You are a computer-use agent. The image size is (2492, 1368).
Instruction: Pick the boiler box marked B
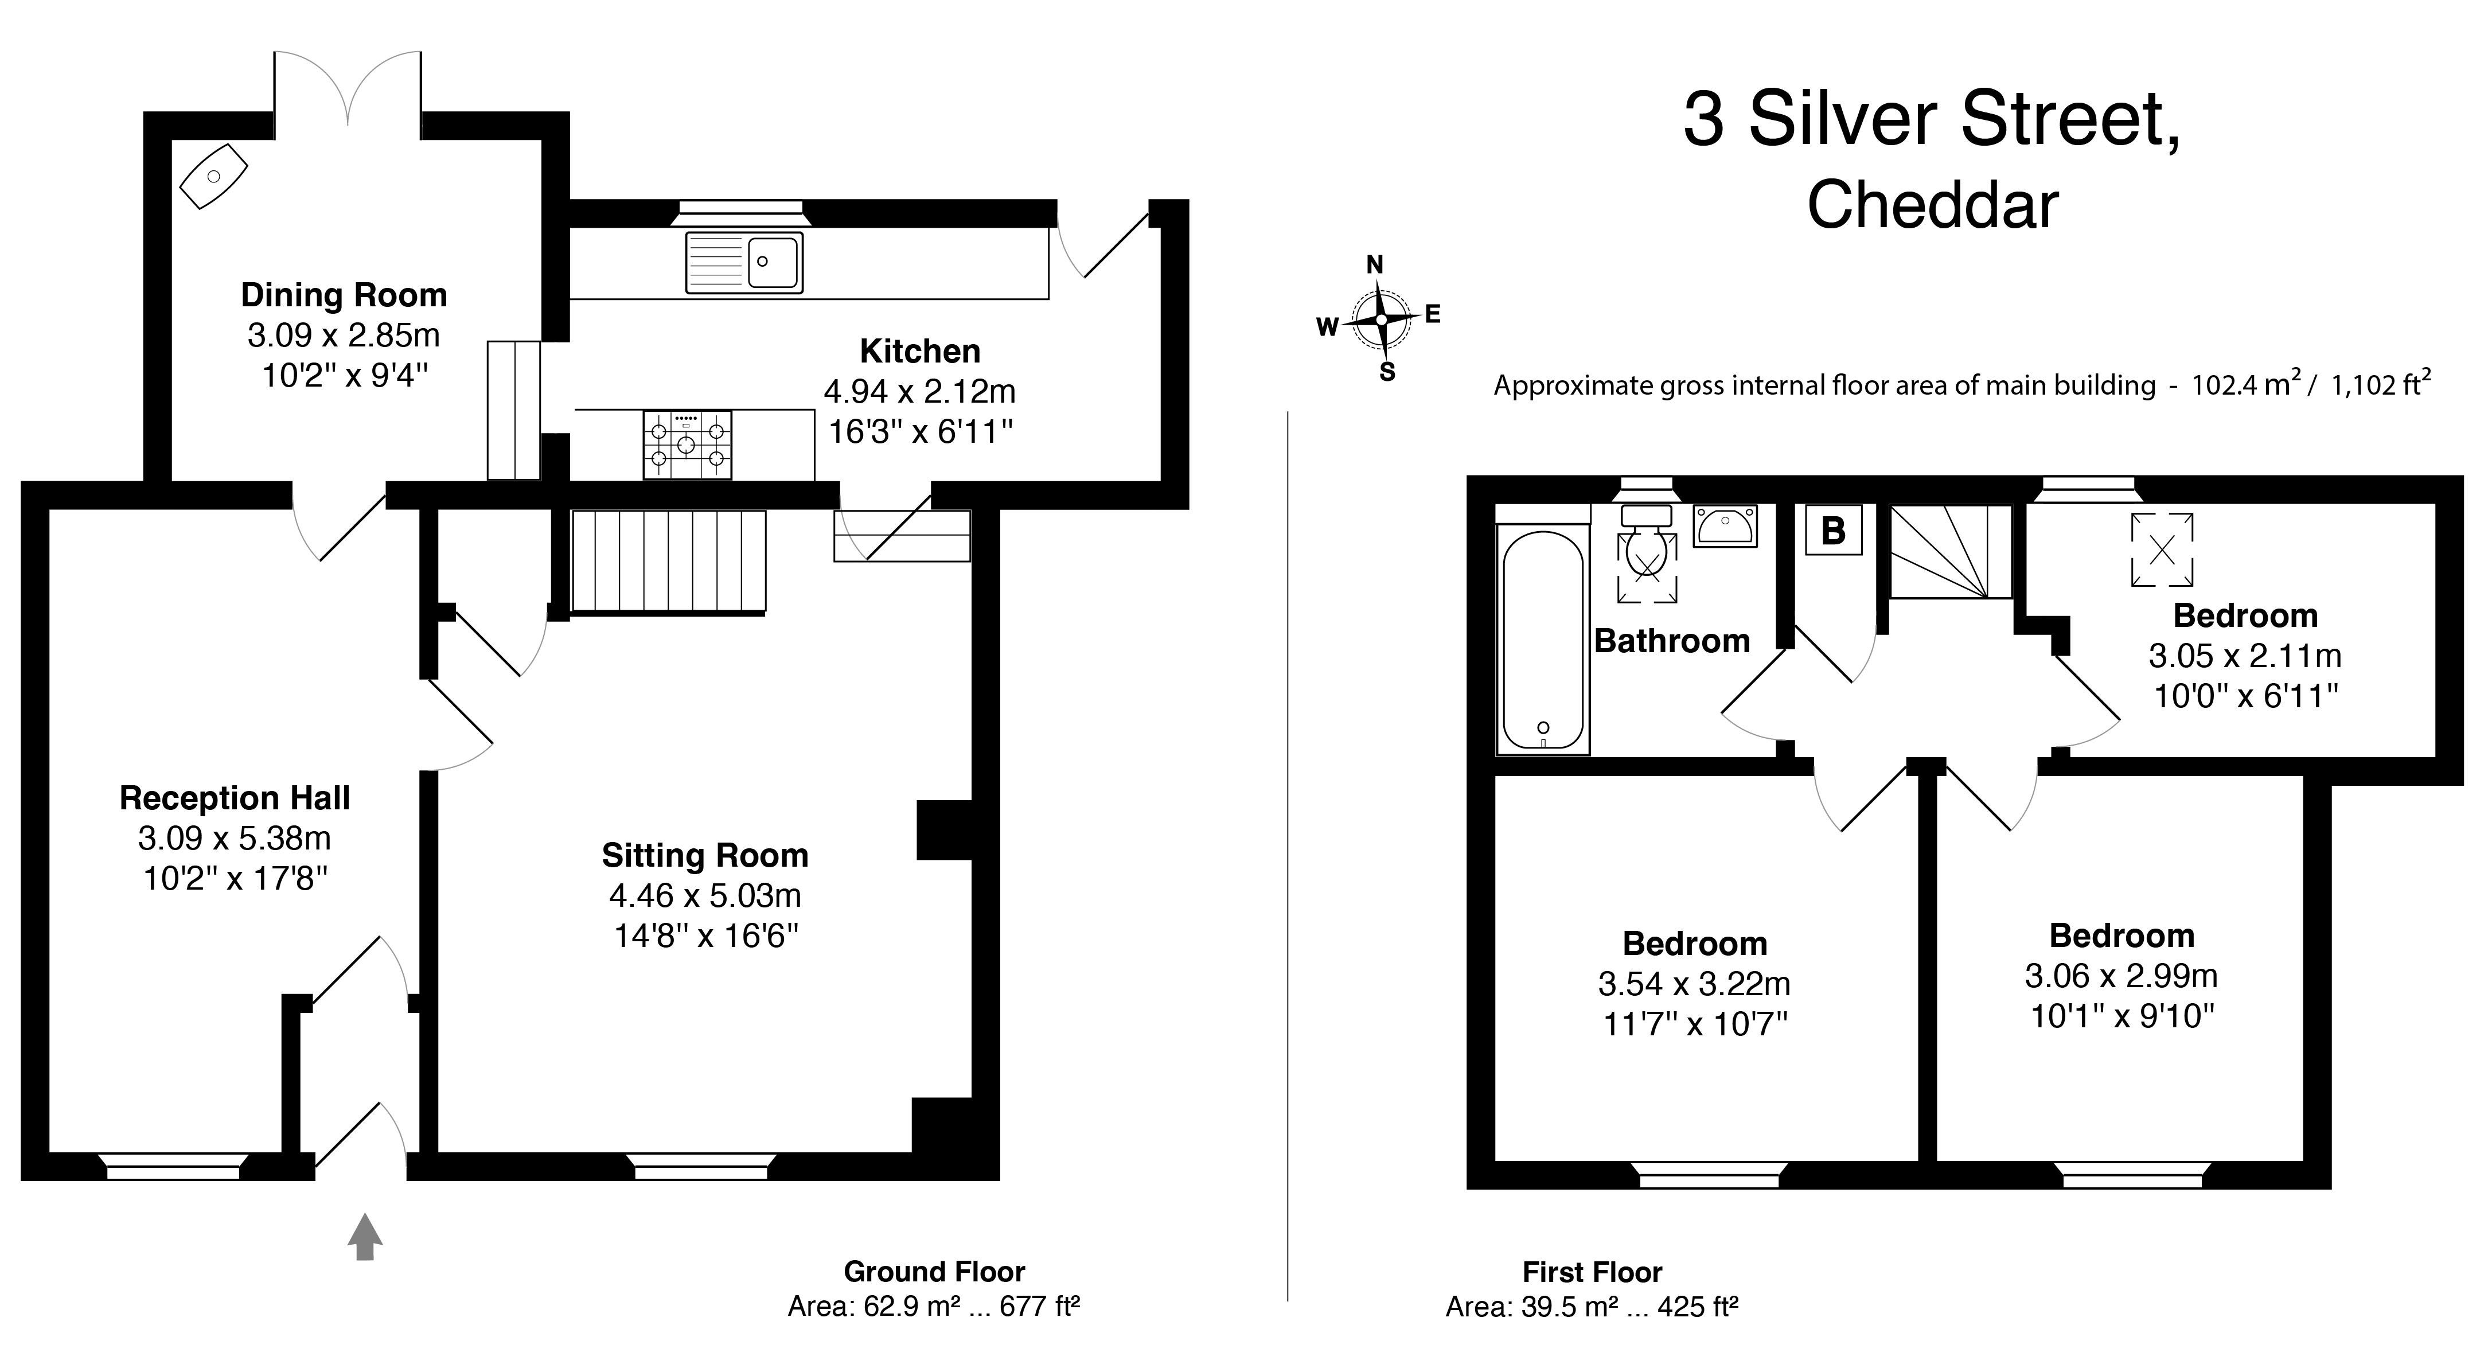(1833, 529)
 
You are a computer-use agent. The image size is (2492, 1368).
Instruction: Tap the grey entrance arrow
(365, 1237)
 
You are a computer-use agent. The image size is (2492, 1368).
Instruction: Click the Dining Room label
(344, 294)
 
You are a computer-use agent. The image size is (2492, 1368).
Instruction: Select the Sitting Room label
(705, 855)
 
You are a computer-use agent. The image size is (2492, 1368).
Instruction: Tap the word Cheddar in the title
(1933, 205)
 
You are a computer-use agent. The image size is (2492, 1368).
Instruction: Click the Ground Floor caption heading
(934, 1271)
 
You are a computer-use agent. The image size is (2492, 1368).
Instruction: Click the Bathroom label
(1672, 641)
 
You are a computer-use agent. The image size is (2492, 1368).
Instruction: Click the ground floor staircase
(669, 562)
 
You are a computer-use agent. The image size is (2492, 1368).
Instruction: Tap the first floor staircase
(1950, 551)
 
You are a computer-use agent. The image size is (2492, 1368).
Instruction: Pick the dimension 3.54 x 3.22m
(1694, 984)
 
